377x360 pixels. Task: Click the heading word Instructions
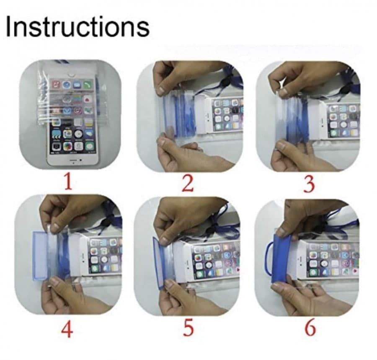77,26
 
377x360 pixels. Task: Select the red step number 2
188,183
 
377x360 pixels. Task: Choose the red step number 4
67,329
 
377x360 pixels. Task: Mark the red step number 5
188,329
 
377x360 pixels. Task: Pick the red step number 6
310,329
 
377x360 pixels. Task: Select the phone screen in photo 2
227,115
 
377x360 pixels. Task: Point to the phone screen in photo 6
333,260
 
